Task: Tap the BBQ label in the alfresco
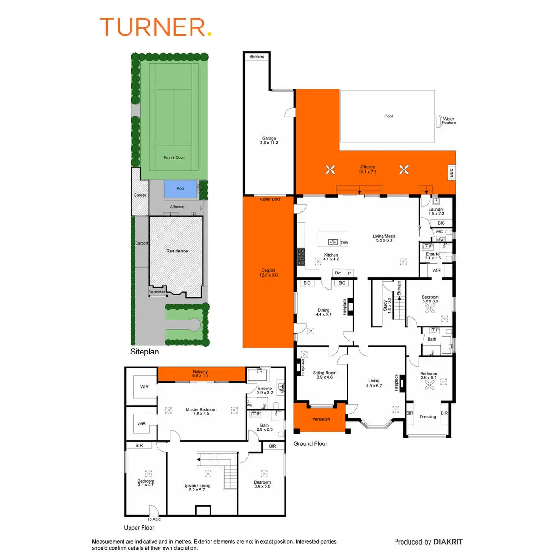point(451,172)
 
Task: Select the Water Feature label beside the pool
point(449,121)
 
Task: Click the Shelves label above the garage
point(257,57)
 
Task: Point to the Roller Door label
point(270,199)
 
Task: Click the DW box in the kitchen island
point(344,243)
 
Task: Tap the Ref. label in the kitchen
point(339,273)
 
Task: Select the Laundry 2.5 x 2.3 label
point(436,211)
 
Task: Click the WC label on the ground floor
point(439,232)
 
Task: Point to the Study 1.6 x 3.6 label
point(387,305)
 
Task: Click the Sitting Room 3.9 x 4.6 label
point(325,375)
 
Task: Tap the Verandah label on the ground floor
point(321,419)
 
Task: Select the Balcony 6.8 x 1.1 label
point(200,374)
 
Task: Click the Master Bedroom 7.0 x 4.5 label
point(201,411)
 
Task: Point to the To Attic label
point(154,519)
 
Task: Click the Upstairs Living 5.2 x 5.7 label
point(197,488)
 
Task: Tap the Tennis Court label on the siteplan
point(174,157)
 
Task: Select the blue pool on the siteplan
point(181,189)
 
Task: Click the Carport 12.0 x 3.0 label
point(268,273)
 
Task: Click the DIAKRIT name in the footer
point(448,542)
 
